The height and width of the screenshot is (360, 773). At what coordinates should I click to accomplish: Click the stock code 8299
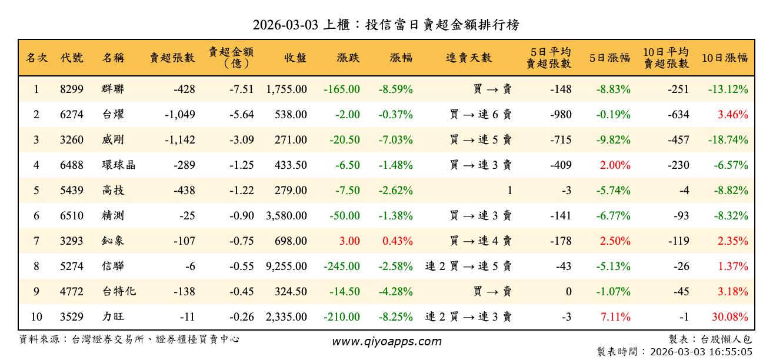[72, 89]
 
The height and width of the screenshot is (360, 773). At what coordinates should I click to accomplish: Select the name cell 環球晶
[118, 165]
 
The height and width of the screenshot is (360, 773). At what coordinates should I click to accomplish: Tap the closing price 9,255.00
[286, 266]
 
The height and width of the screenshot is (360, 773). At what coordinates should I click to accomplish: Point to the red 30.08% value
[730, 317]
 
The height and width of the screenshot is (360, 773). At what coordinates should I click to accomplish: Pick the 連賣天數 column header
[469, 58]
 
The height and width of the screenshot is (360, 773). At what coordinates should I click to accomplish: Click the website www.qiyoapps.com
[386, 341]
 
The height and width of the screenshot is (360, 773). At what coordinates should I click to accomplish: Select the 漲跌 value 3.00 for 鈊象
[351, 241]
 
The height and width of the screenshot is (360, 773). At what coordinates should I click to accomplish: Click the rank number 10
[36, 317]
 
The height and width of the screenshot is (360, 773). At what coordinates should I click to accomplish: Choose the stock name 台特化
[118, 292]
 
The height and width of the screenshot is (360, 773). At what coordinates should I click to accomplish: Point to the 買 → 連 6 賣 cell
[481, 115]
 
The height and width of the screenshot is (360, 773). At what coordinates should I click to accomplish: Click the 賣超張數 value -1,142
[180, 140]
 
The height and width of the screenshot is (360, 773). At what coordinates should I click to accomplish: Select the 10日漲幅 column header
[725, 58]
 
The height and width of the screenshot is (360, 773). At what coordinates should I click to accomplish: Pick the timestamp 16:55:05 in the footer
[730, 352]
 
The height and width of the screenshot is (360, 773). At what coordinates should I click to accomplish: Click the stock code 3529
[72, 317]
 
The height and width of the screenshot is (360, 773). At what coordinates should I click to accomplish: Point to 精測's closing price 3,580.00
[286, 216]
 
